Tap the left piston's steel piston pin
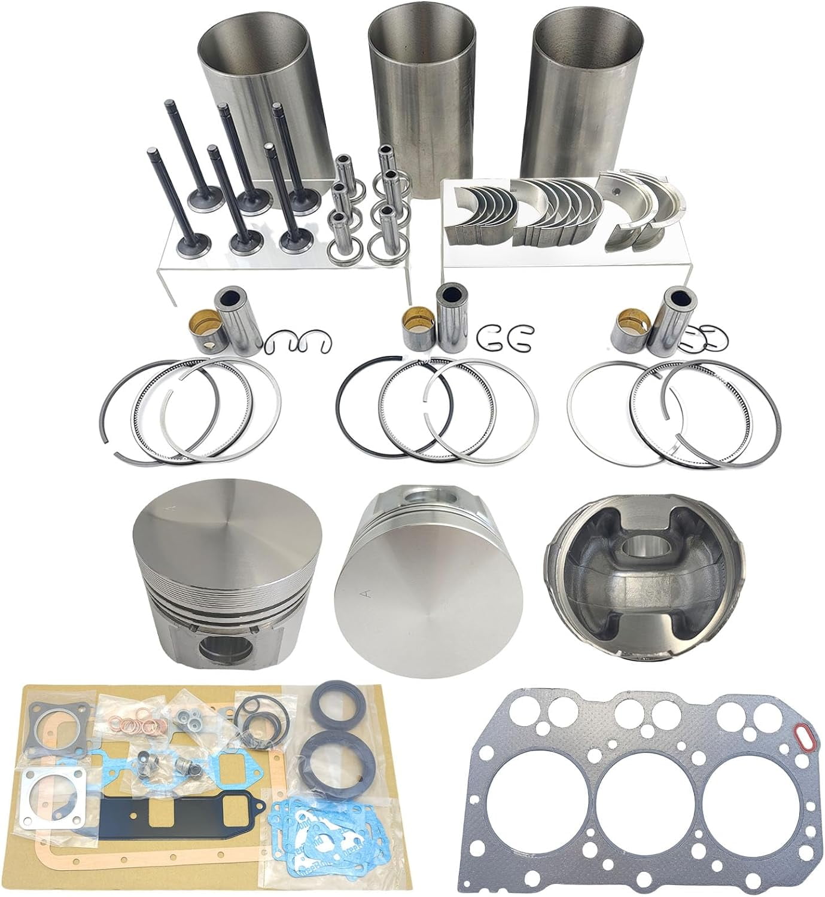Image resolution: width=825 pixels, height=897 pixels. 235,317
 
